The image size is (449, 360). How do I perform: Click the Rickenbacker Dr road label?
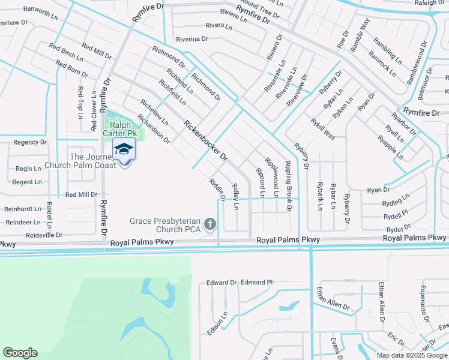pos(206,141)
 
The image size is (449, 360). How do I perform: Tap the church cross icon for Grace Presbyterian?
pos(209,224)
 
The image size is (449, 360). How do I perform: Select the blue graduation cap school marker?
pos(124,149)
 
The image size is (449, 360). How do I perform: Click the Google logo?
pos(20,353)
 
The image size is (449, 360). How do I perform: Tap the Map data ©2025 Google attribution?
pos(411,355)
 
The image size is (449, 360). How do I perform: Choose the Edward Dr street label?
pos(221,283)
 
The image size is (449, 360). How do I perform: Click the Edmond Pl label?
pos(257,282)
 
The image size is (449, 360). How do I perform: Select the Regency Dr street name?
pos(30,142)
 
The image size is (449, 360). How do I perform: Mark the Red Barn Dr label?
pos(72,69)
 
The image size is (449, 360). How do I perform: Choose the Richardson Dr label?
pos(153,128)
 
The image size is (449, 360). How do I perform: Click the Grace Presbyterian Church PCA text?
pos(166,225)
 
